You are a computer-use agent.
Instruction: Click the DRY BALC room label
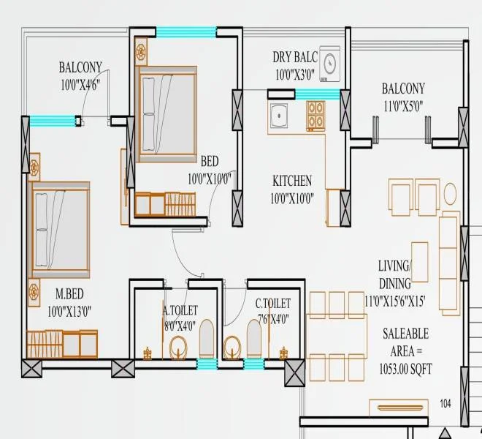click(295, 56)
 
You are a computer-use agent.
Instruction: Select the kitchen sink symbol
click(278, 114)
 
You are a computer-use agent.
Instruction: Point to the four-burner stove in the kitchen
click(315, 114)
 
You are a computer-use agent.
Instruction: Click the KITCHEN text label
click(292, 181)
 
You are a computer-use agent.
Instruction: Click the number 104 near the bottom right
click(446, 403)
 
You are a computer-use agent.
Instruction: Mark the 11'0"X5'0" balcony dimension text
click(402, 105)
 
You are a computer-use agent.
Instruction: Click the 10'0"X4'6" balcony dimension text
click(80, 84)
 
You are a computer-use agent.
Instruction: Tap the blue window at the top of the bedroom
click(186, 31)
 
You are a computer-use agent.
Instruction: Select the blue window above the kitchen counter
click(317, 94)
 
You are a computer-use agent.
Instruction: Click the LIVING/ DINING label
click(395, 274)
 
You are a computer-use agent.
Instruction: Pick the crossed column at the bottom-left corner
click(31, 369)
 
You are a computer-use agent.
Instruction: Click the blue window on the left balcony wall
click(53, 121)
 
